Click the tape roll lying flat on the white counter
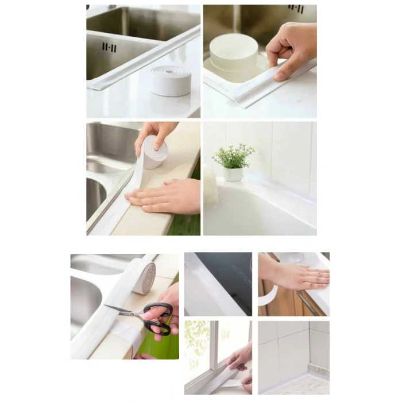coord(171,80)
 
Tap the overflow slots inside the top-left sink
coord(109,47)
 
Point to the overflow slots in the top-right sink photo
coord(296,8)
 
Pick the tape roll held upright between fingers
coord(154,153)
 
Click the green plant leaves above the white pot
coord(233,156)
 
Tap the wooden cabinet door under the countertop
coord(281,301)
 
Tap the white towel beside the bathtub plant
coord(210,187)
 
